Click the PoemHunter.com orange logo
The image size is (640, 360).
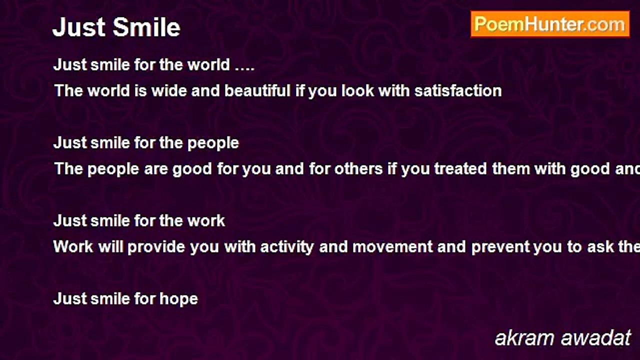(550, 24)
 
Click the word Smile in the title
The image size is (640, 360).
(146, 27)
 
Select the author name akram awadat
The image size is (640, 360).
(562, 338)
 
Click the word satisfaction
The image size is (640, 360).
(458, 91)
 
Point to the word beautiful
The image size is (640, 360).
(257, 91)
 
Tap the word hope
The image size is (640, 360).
(178, 299)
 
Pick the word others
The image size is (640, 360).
(358, 169)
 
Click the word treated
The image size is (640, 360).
(460, 169)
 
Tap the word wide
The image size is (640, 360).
(169, 91)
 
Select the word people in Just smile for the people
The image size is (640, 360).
(213, 143)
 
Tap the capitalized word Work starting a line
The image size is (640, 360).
(73, 247)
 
